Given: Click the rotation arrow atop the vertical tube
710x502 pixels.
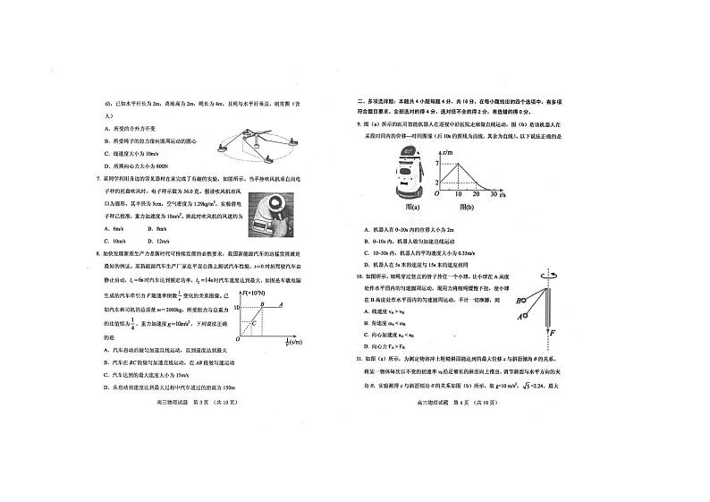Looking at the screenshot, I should [545, 280].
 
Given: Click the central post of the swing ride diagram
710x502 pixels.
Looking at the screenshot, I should [256, 136].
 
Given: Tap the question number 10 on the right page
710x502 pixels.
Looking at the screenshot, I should [360, 277].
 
